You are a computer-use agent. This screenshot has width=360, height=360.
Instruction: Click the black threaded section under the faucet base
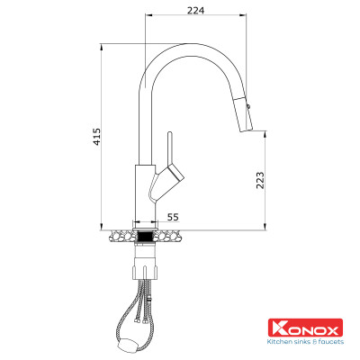coord(144,236)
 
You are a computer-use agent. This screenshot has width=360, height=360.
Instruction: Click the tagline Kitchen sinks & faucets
coord(306,341)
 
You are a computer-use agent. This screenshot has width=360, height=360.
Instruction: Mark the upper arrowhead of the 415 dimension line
coord(102,44)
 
